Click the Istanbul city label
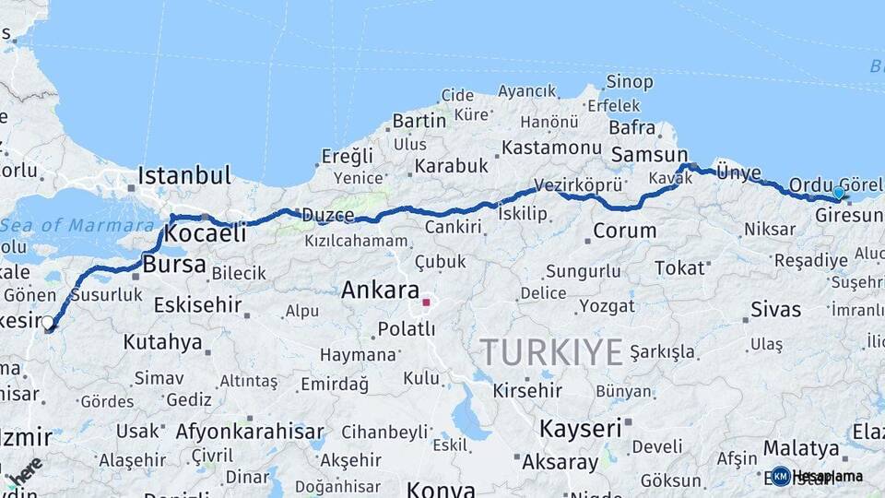click(x=184, y=175)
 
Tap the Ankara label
click(x=380, y=290)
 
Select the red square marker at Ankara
click(x=426, y=302)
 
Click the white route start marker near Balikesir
click(x=48, y=323)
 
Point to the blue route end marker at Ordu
click(x=838, y=193)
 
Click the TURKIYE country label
click(x=551, y=351)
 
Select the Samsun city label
click(x=649, y=155)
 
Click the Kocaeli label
click(x=205, y=234)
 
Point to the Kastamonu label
click(x=551, y=148)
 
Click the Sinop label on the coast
click(x=631, y=82)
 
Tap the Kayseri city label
click(x=581, y=429)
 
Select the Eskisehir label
click(x=197, y=304)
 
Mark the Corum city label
click(x=624, y=231)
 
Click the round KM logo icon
click(x=781, y=476)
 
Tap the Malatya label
click(x=801, y=448)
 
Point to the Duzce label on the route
click(x=328, y=216)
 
